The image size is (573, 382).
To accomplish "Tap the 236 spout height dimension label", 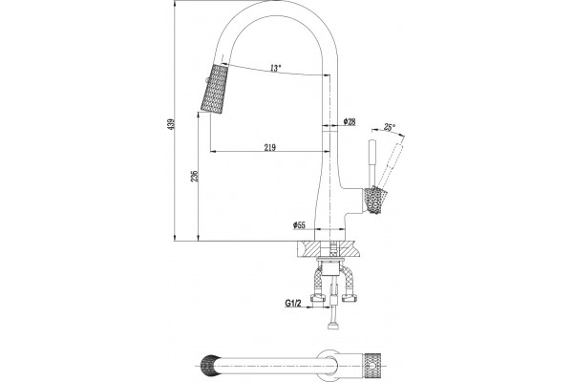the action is pyautogui.click(x=195, y=176).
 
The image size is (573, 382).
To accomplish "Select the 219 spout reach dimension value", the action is pyautogui.click(x=269, y=147).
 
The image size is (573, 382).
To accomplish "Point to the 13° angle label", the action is pyautogui.click(x=276, y=68).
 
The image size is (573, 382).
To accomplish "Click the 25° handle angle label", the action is pyautogui.click(x=390, y=127).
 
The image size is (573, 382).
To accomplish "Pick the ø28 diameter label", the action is pyautogui.click(x=350, y=121).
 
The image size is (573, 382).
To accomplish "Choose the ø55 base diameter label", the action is pyautogui.click(x=299, y=225).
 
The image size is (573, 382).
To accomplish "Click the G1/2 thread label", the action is pyautogui.click(x=293, y=303).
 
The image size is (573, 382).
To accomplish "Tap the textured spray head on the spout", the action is pyautogui.click(x=215, y=89).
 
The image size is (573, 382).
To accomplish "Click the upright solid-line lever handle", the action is pyautogui.click(x=372, y=162).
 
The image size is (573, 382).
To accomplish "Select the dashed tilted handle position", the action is pyautogui.click(x=390, y=165).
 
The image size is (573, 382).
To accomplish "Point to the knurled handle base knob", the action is pyautogui.click(x=373, y=200).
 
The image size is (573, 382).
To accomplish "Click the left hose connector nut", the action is pyautogui.click(x=318, y=298).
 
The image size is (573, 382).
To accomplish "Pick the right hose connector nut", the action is pyautogui.click(x=349, y=298).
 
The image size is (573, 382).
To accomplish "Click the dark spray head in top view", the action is pyautogui.click(x=207, y=365).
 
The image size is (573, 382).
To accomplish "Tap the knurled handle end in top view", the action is pyautogui.click(x=372, y=365).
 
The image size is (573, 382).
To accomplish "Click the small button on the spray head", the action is pyautogui.click(x=207, y=81).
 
